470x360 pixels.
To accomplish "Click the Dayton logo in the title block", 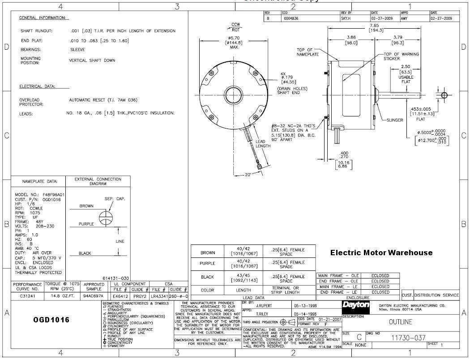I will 355,305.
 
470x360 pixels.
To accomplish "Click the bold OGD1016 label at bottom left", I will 51,320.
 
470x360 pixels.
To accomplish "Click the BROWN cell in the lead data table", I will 208,253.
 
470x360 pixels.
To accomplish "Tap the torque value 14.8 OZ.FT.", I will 61,296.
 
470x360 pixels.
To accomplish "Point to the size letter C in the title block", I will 359,338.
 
